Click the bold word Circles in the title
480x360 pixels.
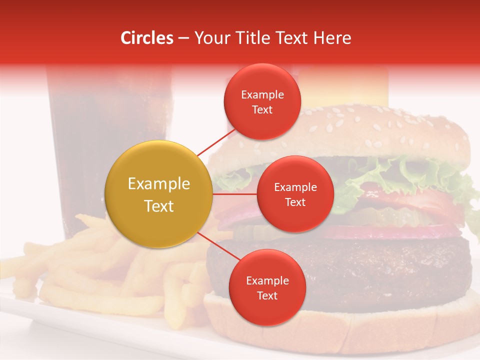[147, 38]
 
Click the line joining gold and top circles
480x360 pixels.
[216, 141]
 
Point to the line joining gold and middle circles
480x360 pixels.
[235, 194]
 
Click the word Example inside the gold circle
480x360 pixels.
[159, 184]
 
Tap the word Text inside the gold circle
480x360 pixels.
[159, 206]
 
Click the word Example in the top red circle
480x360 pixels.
[262, 94]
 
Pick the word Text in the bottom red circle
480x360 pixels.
[267, 295]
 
